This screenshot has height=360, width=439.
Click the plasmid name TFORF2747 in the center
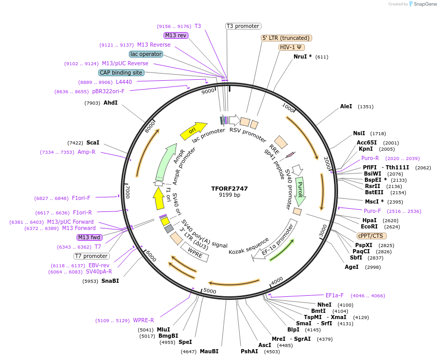(229, 188)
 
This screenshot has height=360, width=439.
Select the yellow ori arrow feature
(193, 131)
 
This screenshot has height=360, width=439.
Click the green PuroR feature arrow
(300, 190)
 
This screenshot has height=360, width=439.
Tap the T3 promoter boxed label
(243, 26)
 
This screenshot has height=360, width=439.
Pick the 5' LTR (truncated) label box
(286, 38)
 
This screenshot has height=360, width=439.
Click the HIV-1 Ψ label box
(292, 47)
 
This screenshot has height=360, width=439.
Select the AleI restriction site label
(346, 106)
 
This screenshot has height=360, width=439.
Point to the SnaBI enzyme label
(110, 281)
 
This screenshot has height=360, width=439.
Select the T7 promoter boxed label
(91, 256)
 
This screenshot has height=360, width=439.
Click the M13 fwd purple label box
(89, 237)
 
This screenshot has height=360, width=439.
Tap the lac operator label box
(146, 54)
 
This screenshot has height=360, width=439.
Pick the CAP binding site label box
(121, 73)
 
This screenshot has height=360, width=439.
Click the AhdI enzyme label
(110, 103)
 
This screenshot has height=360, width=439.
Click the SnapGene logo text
(423, 4)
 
